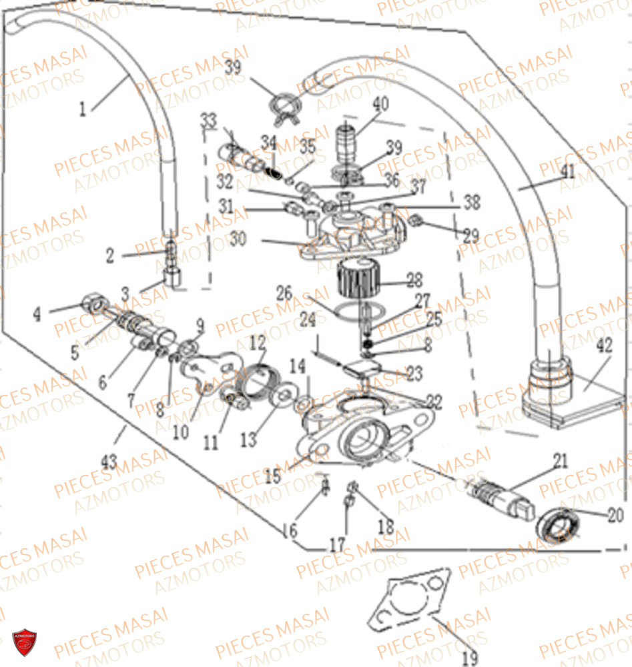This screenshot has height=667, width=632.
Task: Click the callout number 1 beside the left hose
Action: [x=83, y=109]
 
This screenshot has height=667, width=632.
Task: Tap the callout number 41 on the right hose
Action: [x=567, y=171]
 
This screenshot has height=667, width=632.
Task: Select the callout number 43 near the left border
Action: [x=109, y=460]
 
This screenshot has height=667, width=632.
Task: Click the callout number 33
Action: [x=209, y=121]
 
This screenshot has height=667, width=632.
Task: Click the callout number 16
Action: [x=289, y=531]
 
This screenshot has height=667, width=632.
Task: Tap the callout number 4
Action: [x=37, y=313]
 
